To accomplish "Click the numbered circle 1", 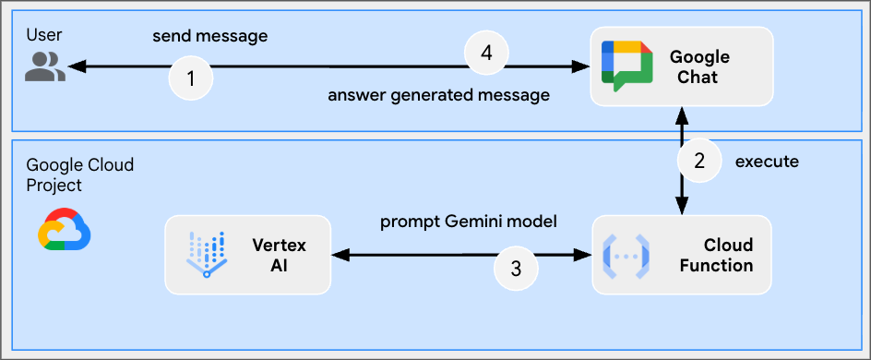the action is coord(190,78).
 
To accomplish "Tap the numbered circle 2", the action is coord(699,161).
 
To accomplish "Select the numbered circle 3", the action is coord(516,269).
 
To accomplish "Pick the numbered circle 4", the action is coord(486,54).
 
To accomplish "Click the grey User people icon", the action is coord(45,66).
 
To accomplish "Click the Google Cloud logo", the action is coord(64,229).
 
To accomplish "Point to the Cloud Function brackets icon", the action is coord(626,257).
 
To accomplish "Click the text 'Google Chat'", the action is coord(699,66).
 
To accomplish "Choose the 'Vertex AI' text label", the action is coord(279,255).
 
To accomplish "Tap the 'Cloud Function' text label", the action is coord(717,255).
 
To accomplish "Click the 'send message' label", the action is coord(210,37).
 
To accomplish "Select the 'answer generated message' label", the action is coord(439,96).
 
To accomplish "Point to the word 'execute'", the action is coord(767,162).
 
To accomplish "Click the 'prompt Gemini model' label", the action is coord(469,222).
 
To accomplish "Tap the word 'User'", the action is coord(44,35).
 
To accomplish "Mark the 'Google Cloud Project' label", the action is coord(80,174).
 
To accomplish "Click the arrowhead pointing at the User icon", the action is coord(77,66).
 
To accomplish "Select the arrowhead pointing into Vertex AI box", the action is coord(340,255).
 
